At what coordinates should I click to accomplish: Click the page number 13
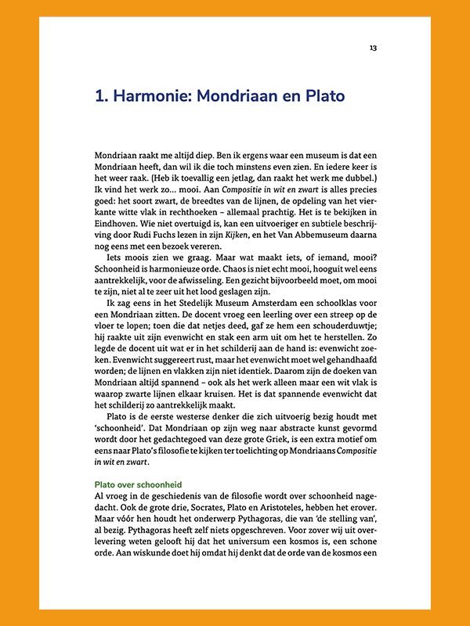pyautogui.click(x=374, y=49)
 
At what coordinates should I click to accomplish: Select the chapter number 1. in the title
pyautogui.click(x=100, y=97)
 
